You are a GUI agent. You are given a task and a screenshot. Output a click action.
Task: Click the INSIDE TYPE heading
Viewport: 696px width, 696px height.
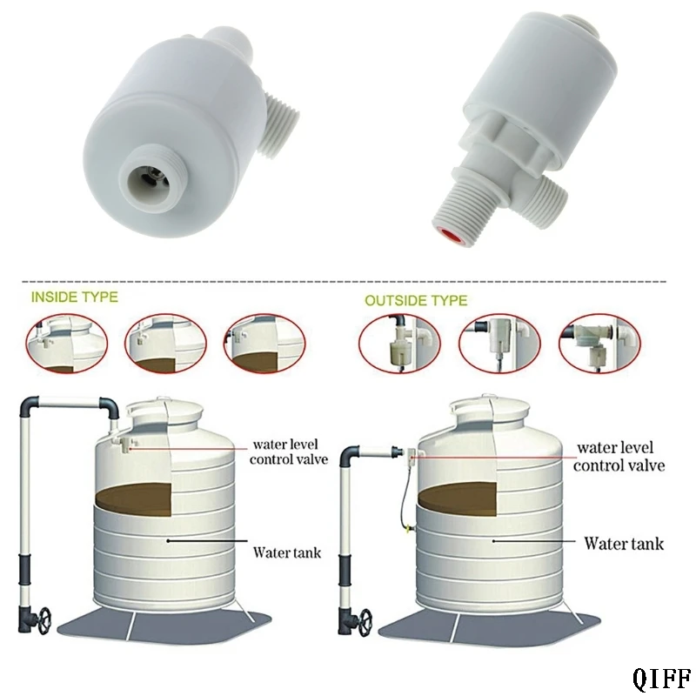coord(75,297)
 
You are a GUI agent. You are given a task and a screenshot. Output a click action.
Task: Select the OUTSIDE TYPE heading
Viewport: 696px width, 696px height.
coord(416,300)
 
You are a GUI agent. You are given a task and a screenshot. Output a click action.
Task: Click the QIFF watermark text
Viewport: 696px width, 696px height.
coord(662,678)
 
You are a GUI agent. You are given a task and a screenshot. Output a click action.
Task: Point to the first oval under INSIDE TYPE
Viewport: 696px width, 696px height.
coord(67,343)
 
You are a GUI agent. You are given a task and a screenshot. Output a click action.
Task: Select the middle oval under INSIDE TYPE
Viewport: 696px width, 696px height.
coord(165,343)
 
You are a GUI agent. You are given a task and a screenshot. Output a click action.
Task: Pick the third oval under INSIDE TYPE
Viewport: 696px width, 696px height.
coord(265,343)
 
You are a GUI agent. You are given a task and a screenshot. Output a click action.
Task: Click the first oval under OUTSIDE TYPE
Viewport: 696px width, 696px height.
coord(399,343)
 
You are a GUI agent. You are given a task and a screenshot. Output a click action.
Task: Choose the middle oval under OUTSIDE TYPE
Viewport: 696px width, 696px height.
coord(499,343)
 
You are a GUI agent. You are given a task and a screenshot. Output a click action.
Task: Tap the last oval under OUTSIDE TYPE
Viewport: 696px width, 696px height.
coord(599,343)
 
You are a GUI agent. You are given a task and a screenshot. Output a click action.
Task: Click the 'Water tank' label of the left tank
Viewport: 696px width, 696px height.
coord(287,552)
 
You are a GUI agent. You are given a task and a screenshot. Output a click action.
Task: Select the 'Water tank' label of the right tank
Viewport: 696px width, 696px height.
coord(624,544)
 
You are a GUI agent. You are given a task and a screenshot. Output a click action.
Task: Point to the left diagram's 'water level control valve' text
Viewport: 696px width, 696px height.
coord(289,452)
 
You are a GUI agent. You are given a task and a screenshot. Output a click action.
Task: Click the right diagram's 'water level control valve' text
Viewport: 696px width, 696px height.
coord(619,456)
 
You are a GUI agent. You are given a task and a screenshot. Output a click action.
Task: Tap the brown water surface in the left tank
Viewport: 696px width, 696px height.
coord(133,499)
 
